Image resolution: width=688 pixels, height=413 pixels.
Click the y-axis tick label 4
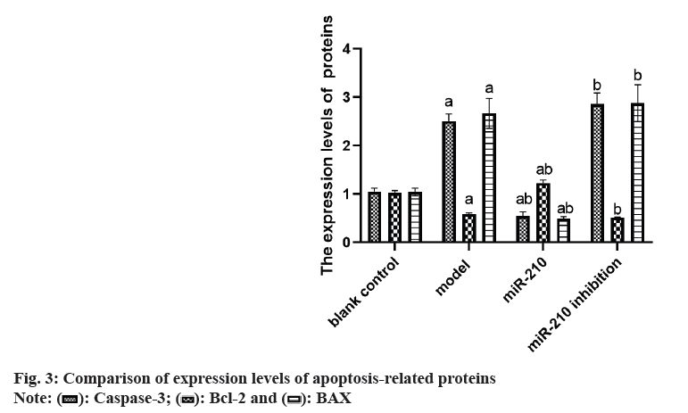coord(345,48)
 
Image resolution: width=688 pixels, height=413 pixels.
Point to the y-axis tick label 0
coord(345,241)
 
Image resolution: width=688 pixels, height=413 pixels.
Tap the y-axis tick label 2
coord(345,145)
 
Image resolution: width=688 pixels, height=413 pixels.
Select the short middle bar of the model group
coord(469,227)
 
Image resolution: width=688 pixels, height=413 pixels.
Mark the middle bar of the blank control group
coord(394,217)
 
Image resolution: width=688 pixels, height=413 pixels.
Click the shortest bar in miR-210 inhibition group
coord(617,229)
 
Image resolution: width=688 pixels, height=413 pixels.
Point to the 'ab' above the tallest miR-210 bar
coord(543,169)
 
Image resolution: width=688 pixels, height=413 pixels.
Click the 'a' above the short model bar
coord(469,200)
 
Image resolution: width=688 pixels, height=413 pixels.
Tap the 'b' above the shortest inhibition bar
coord(617,203)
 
